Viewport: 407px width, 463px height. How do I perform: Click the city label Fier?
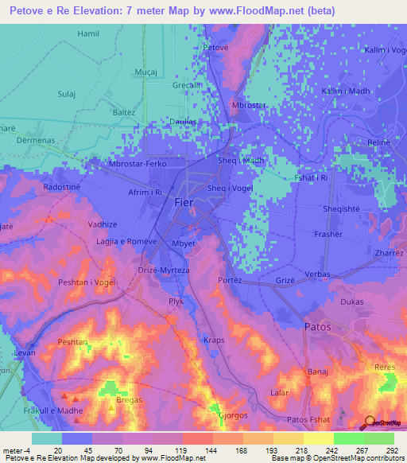point(183,203)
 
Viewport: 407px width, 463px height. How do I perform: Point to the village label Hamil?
point(89,34)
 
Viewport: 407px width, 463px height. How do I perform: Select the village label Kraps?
point(214,340)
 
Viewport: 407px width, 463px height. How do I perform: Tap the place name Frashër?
point(328,235)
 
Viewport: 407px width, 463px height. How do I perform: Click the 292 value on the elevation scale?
point(390,451)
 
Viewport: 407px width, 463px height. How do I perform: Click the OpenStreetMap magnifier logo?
point(370,422)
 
